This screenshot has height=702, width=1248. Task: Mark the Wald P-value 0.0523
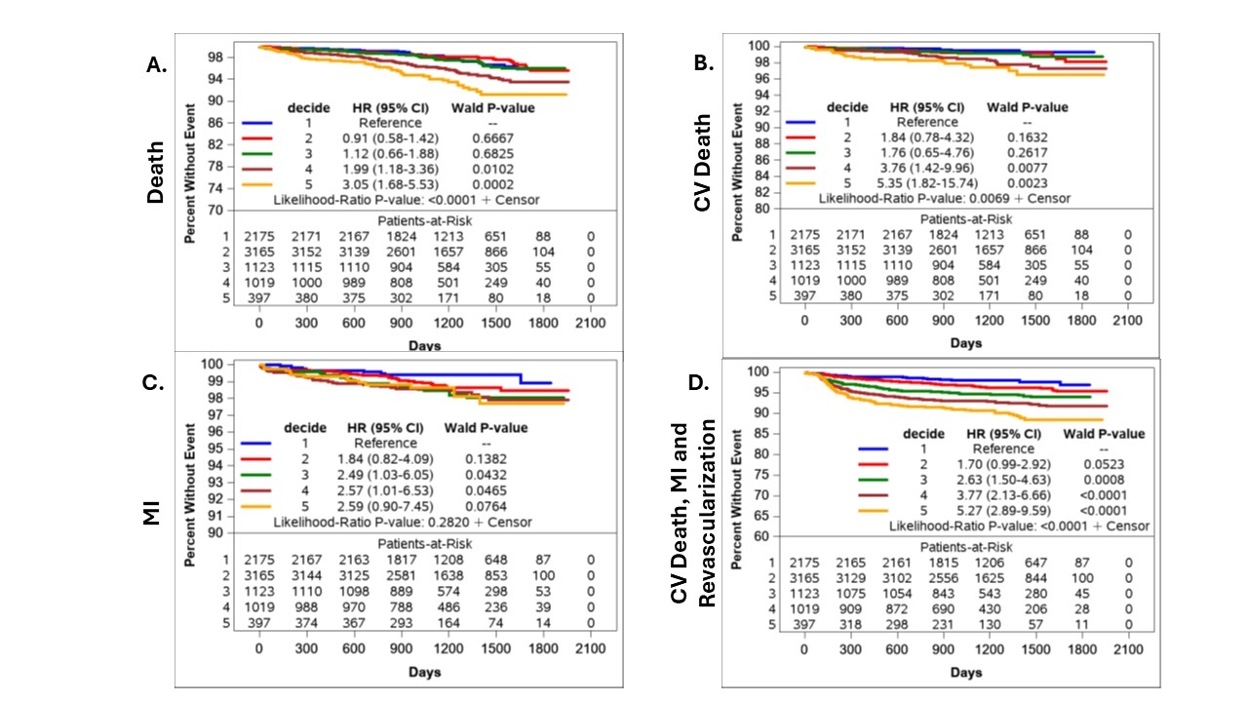[1104, 464]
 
